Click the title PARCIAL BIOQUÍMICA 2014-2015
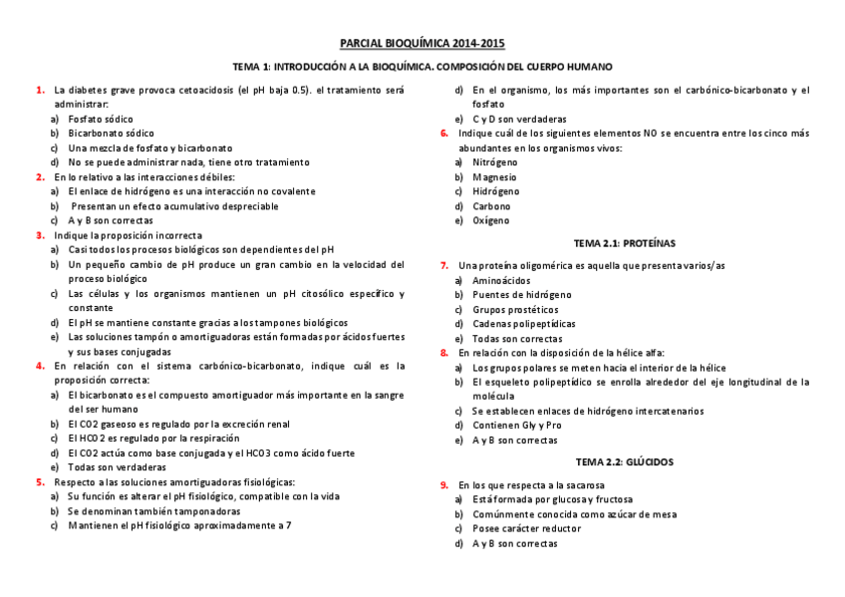[422, 44]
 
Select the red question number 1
[40, 90]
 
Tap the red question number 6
[444, 133]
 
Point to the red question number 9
[444, 484]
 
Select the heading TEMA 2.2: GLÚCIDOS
[624, 461]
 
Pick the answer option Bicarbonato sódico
[111, 133]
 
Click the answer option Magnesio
[495, 176]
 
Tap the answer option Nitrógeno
[495, 161]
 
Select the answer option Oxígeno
[491, 220]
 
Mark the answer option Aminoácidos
[501, 280]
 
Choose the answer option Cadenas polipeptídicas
[523, 324]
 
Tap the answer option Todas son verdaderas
[117, 466]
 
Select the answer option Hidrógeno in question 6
[496, 191]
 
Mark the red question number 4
[40, 366]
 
